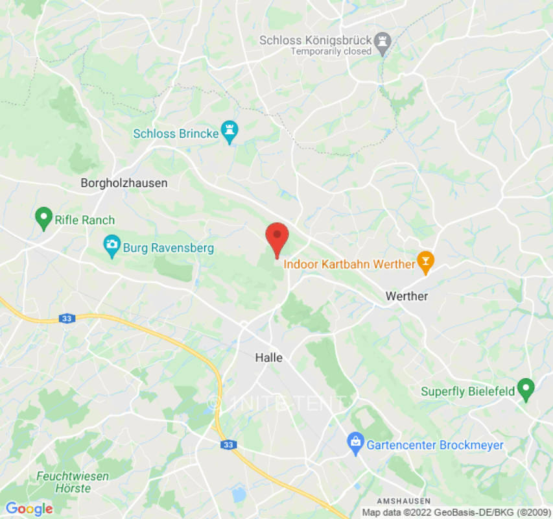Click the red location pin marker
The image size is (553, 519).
pos(277,237)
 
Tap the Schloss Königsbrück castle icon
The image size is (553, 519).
pos(384,41)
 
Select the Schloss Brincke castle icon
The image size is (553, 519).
pos(229,132)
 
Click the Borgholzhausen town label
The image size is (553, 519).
pos(124,183)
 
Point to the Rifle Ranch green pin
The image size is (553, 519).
pos(43,218)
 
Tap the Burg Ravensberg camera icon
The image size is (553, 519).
pos(112,246)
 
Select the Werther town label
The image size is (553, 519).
pos(406,296)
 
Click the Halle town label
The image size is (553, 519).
pos(269,357)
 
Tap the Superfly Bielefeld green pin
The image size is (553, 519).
pos(526,389)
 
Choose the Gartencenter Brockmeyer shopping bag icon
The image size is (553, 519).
pos(355,444)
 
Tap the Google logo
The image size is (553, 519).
pos(29,509)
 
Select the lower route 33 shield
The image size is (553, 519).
pos(228,445)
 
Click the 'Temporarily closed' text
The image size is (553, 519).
pos(331,51)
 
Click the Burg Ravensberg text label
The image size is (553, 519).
pos(169,248)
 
